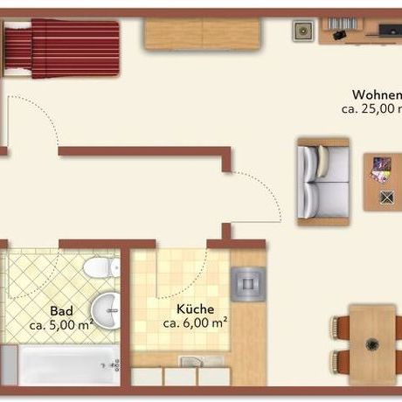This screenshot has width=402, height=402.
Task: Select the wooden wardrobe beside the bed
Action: [203, 33]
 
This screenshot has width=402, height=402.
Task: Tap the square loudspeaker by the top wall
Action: [302, 31]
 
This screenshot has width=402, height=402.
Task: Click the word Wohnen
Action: [377, 95]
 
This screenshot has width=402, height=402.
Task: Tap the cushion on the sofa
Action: [325, 160]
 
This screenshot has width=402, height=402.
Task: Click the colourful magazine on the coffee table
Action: [381, 167]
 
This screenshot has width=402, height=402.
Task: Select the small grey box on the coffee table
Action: [386, 197]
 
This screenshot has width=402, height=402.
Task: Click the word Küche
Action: [193, 308]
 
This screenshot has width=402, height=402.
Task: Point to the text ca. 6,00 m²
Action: [195, 322]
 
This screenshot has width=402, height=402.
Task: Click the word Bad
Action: [61, 310]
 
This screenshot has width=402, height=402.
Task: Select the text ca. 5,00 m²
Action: [61, 325]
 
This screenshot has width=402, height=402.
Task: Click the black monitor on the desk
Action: [386, 31]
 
